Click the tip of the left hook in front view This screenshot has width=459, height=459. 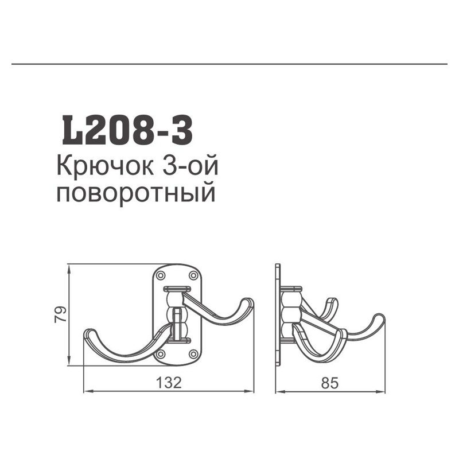[x=88, y=333]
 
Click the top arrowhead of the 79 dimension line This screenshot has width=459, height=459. [x=69, y=267]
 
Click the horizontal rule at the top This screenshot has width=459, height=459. [x=229, y=65]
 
